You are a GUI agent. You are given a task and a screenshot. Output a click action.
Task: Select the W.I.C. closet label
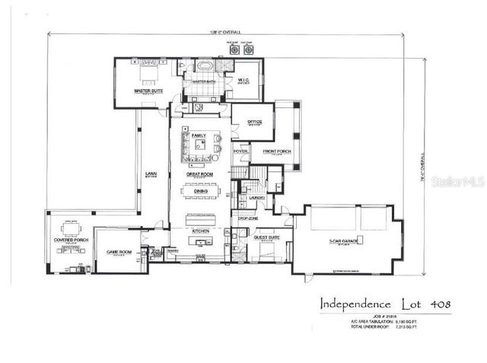[x=243, y=80]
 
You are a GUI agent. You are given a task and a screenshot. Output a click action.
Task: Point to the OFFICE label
[x=254, y=123]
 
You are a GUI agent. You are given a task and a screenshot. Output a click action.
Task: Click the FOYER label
[x=240, y=151]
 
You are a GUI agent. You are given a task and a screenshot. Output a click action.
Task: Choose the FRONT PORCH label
[x=276, y=151]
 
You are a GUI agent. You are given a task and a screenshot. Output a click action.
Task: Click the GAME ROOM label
[x=119, y=252]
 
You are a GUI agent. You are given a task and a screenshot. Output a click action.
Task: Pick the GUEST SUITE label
[x=266, y=238]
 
